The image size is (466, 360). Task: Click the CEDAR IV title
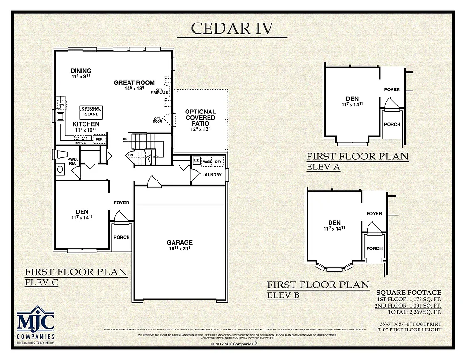[x=232, y=28]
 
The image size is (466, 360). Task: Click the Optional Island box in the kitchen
[x=91, y=112]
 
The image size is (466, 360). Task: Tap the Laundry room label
[x=212, y=175]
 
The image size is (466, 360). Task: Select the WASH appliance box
[x=207, y=162]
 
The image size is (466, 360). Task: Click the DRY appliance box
[x=218, y=162]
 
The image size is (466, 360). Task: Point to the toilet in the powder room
[x=62, y=154]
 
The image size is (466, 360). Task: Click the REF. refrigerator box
[x=99, y=139]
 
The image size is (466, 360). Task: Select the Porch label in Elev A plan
[x=392, y=125]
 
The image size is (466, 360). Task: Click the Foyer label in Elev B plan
[x=374, y=214]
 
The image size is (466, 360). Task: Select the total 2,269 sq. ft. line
[x=414, y=312]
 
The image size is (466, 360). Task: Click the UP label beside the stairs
[x=125, y=139]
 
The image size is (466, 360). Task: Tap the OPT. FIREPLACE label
[x=159, y=90]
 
